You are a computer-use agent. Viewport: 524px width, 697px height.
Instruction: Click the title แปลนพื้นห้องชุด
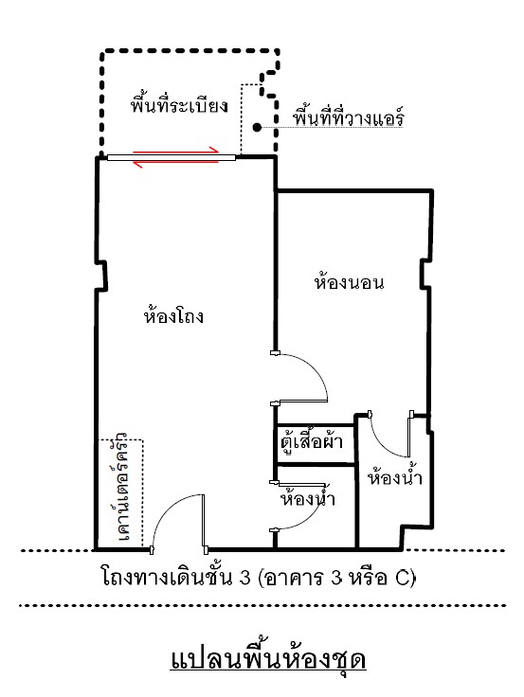268,659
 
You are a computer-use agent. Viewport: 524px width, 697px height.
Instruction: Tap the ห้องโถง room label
173,315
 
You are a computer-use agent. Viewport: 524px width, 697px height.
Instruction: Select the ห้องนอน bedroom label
349,282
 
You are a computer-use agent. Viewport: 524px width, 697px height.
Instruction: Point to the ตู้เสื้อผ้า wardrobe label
312,441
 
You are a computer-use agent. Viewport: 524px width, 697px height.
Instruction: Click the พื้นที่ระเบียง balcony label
180,104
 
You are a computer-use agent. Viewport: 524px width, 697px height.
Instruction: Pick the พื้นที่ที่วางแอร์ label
349,117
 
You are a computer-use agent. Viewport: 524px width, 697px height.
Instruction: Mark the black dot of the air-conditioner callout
257,128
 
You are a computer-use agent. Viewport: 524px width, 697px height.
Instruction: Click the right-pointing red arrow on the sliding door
176,151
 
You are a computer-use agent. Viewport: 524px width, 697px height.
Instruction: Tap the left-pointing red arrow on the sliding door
176,164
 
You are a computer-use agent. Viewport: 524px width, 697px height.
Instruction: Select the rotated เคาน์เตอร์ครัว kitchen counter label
121,486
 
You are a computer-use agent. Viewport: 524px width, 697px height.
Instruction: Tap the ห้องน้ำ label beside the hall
308,498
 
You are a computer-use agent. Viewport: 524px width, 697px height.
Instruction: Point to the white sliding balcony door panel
171,157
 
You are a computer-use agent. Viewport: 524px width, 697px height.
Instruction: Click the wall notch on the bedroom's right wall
425,275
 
